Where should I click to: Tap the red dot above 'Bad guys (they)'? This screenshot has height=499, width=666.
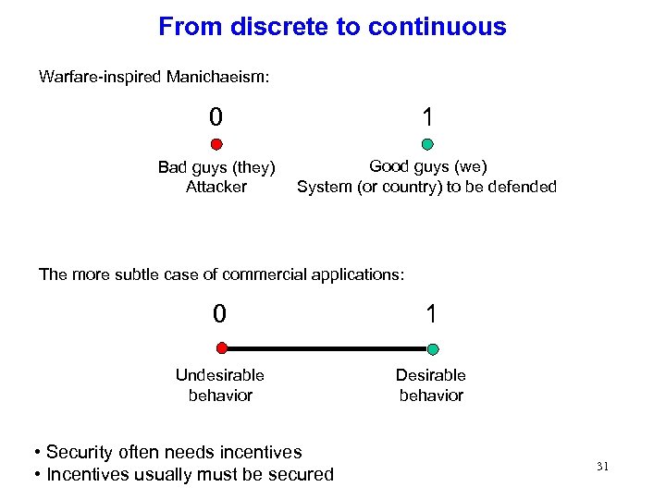coord(216,144)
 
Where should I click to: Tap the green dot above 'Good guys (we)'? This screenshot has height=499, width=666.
coord(427,144)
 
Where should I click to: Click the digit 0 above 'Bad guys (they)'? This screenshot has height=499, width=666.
coord(216,117)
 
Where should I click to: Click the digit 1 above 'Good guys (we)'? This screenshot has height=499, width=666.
coord(427,117)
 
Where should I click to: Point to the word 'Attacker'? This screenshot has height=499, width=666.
coord(216,187)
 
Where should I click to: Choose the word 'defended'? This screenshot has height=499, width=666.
coord(522,187)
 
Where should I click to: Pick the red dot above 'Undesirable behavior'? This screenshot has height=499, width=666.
coord(221,348)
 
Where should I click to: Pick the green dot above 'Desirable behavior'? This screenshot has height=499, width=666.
coord(433,349)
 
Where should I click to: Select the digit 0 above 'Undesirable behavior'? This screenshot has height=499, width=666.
coord(219,314)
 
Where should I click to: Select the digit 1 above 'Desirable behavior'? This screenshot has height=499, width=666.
coord(431,314)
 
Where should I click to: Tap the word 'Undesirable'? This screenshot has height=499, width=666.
coord(220,375)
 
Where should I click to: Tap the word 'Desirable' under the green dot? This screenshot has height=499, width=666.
coord(431,375)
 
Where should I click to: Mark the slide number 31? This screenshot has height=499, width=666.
coord(603,467)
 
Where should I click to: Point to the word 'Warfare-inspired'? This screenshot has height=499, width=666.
coord(100,77)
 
